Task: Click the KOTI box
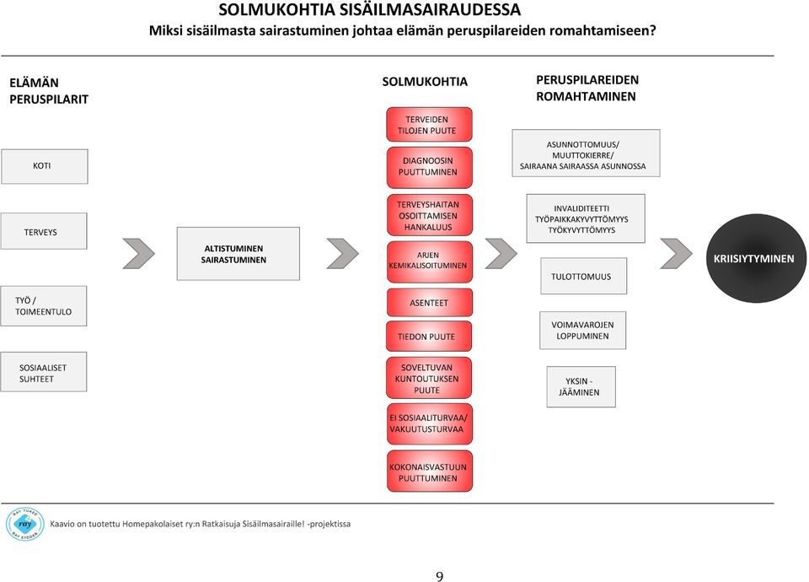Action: click(45, 166)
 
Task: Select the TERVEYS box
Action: click(44, 231)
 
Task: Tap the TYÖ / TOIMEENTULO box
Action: click(44, 306)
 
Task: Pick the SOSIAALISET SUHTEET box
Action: click(44, 372)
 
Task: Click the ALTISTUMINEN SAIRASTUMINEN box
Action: click(238, 254)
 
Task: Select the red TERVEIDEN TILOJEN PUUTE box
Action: click(429, 125)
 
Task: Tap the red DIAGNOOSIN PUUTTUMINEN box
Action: click(429, 167)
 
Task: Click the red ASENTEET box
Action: click(429, 303)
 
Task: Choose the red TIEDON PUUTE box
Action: click(429, 337)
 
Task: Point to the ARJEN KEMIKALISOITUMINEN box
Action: click(429, 261)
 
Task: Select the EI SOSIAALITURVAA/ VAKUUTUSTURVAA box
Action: click(429, 424)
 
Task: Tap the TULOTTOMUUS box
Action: click(583, 277)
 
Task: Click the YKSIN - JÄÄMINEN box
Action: click(581, 387)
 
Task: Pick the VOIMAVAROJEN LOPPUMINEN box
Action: click(582, 331)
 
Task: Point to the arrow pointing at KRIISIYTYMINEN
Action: click(676, 254)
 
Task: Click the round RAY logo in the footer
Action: click(24, 524)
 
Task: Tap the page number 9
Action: click(440, 576)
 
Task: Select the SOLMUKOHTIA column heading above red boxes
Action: click(425, 82)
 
